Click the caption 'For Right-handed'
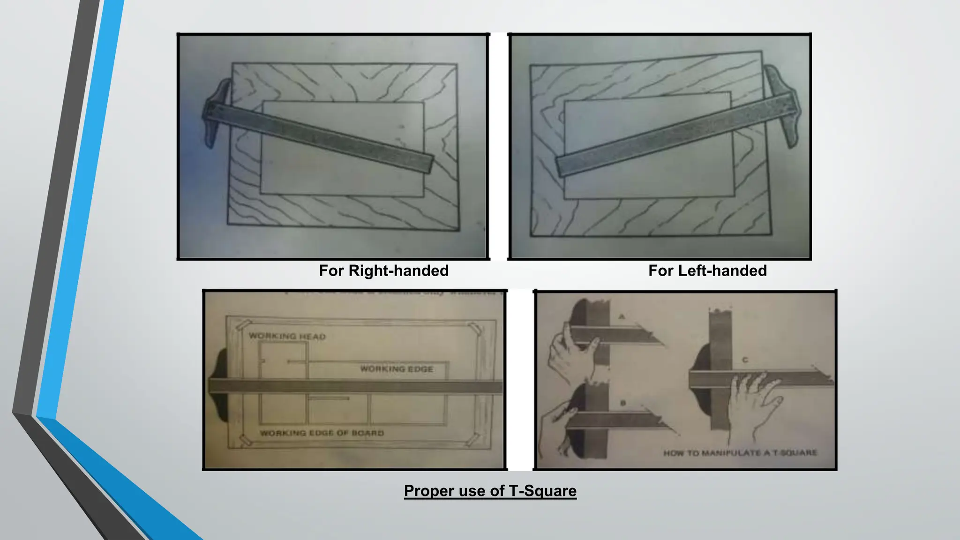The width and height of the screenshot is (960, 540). click(383, 271)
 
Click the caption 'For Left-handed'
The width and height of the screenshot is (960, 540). click(707, 271)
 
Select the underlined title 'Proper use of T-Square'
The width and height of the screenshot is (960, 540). click(490, 491)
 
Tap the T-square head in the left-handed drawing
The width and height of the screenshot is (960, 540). click(783, 105)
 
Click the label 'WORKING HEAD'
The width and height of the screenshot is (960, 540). click(287, 336)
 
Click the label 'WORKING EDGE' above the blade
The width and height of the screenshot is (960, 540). click(397, 369)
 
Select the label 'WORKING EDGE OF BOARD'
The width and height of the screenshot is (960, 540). click(322, 433)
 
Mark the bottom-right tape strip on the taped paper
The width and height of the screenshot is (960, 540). click(473, 439)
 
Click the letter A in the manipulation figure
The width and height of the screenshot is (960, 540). click(622, 317)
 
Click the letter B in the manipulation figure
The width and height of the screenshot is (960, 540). click(623, 403)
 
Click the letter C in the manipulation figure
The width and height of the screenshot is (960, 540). click(745, 360)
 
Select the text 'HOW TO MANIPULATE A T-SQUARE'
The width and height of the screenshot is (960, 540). click(740, 453)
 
